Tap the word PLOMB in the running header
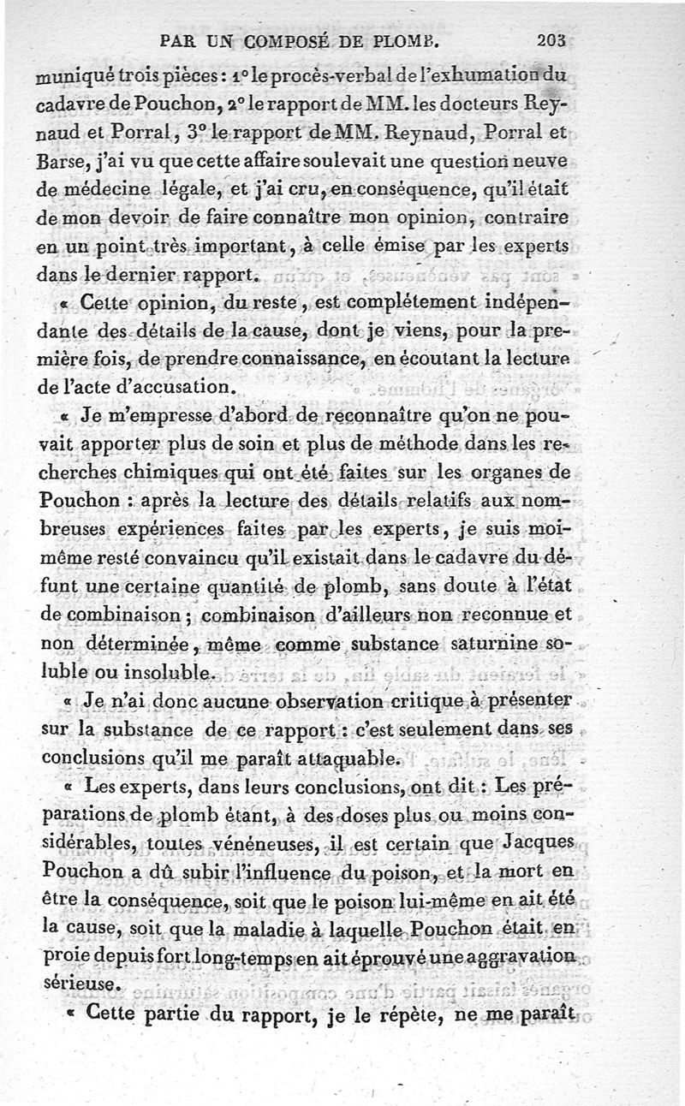(x=408, y=39)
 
